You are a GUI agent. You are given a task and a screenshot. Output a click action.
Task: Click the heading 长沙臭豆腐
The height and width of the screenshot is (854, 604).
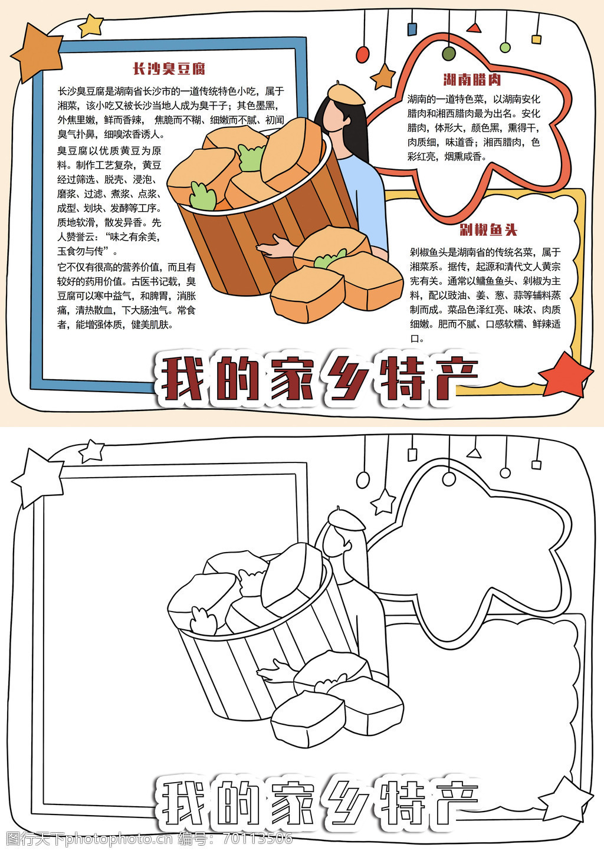pos(169,69)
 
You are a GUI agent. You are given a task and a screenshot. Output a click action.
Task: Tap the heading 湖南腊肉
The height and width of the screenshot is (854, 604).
pos(472,80)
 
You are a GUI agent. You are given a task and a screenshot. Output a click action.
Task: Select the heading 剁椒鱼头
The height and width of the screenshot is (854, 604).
pos(488,230)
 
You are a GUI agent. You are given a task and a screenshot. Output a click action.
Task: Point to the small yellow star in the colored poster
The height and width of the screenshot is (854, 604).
pos(91,25)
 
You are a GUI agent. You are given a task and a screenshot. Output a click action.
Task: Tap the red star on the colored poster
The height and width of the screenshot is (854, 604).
pos(566,376)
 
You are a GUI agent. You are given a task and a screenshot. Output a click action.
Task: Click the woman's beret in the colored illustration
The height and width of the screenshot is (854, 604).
pos(345,94)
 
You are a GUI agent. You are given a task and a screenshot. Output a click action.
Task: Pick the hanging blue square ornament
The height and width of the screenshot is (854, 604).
pos(412,29)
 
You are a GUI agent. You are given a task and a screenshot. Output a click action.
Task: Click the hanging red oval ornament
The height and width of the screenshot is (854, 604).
pos(363,54)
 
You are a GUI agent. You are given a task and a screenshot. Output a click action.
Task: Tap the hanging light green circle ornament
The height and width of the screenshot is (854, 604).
pos(505,47)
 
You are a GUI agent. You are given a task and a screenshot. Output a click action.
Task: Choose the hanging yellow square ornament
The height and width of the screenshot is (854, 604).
pos(536,40)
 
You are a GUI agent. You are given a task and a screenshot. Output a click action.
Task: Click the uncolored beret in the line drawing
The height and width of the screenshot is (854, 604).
pos(345,519)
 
